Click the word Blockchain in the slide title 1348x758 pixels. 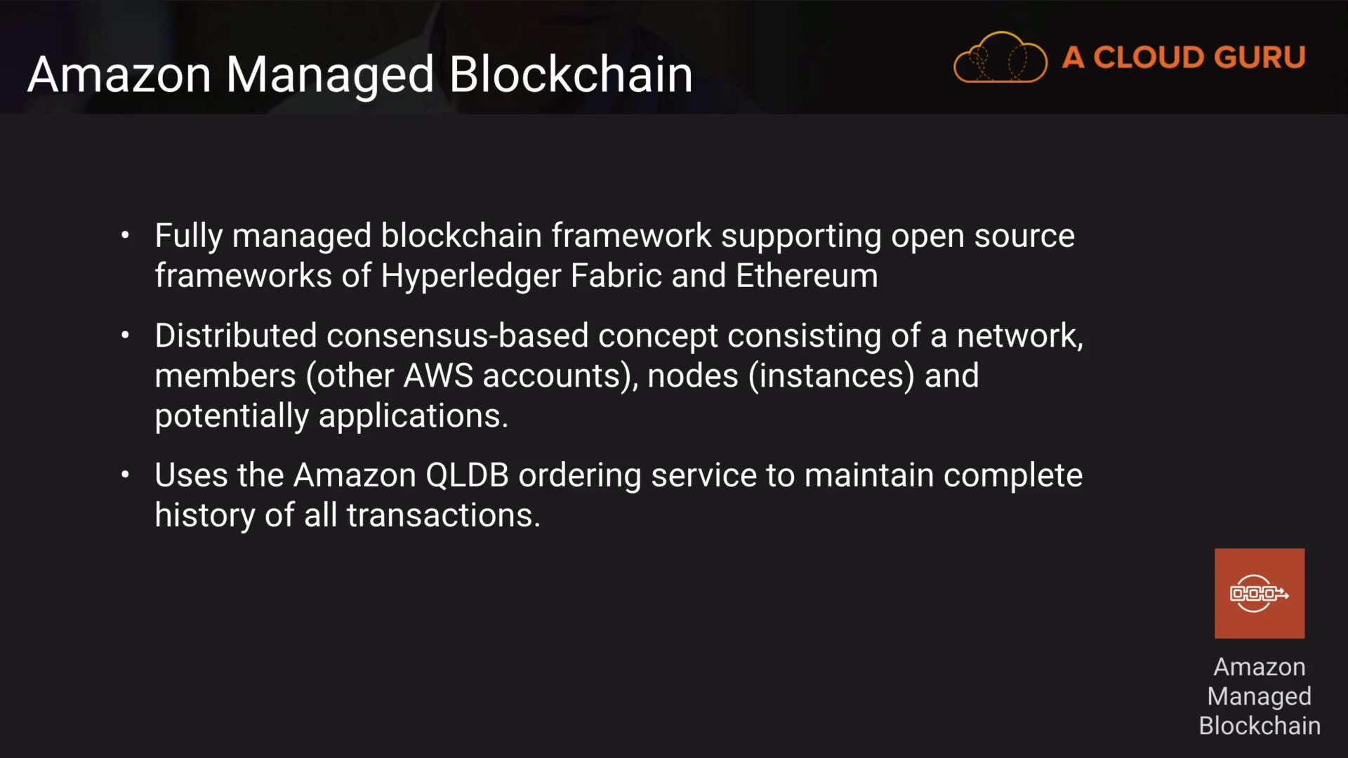coord(570,74)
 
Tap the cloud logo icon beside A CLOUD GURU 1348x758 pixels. coord(1000,58)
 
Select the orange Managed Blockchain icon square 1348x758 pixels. coord(1260,594)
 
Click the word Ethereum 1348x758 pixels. coord(807,276)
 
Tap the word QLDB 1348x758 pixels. coord(467,475)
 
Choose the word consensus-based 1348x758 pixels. coord(457,335)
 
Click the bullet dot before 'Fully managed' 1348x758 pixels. coord(125,236)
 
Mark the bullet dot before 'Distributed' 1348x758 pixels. coord(125,336)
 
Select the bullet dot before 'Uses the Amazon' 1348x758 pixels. coord(125,476)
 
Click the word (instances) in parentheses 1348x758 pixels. coord(831,376)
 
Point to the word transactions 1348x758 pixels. coord(443,515)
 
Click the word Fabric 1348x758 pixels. coord(616,276)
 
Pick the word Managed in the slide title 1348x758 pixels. coord(330,74)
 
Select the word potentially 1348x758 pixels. coord(232,416)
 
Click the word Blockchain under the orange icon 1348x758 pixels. coord(1260,726)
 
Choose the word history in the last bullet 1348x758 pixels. coord(204,515)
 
